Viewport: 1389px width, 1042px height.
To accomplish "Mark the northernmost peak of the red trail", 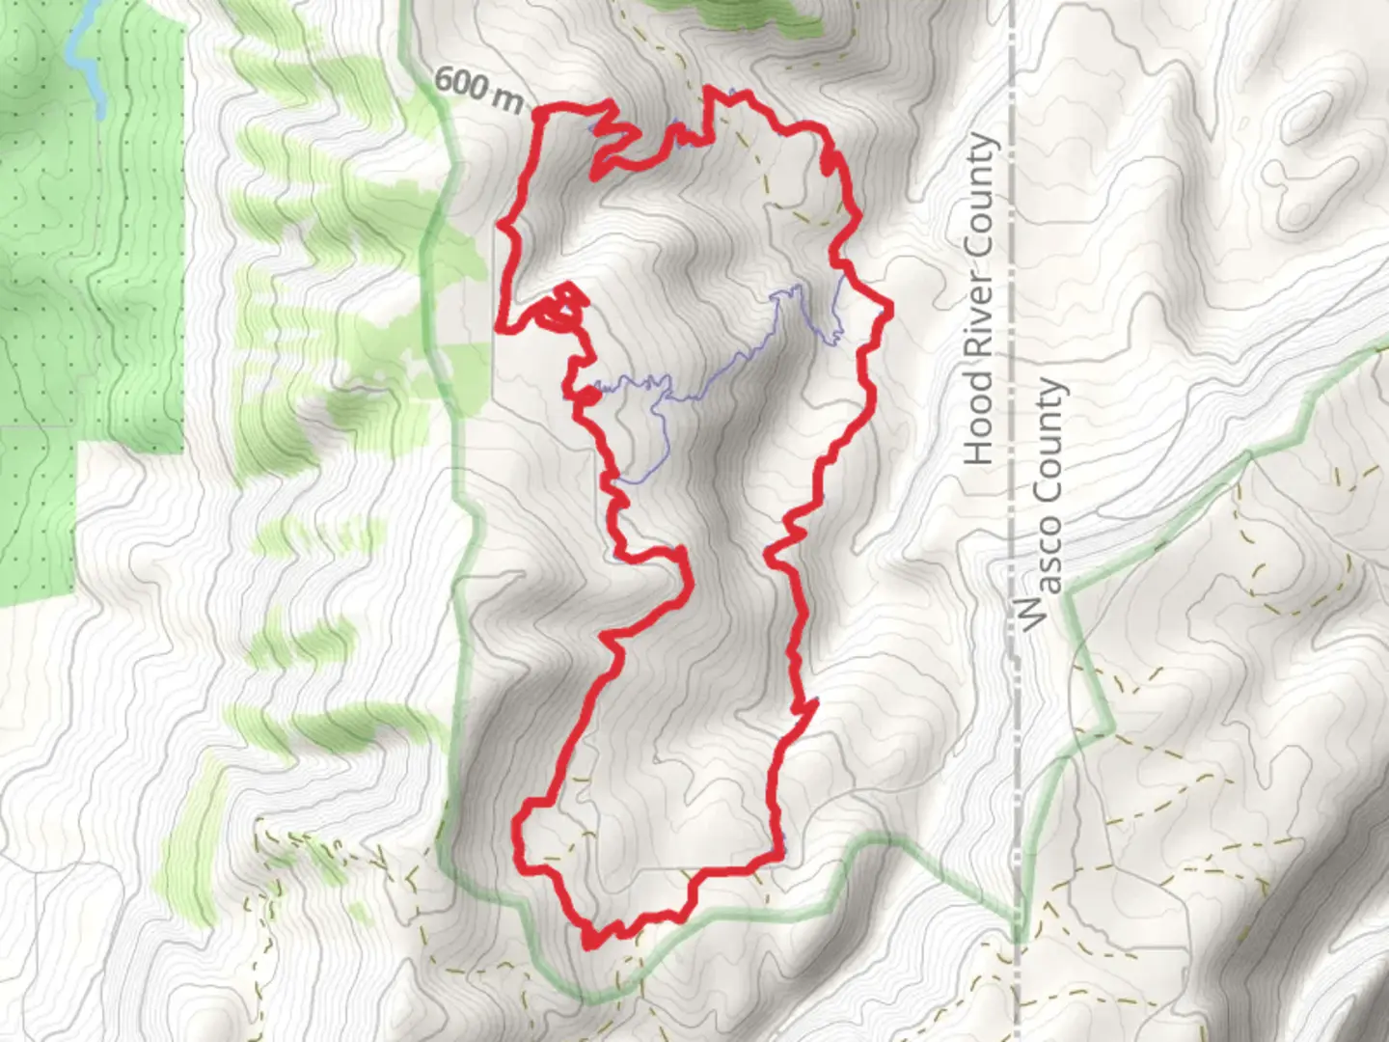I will pyautogui.click(x=711, y=90).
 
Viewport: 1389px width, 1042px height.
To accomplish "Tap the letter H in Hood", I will pyautogui.click(x=978, y=451).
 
